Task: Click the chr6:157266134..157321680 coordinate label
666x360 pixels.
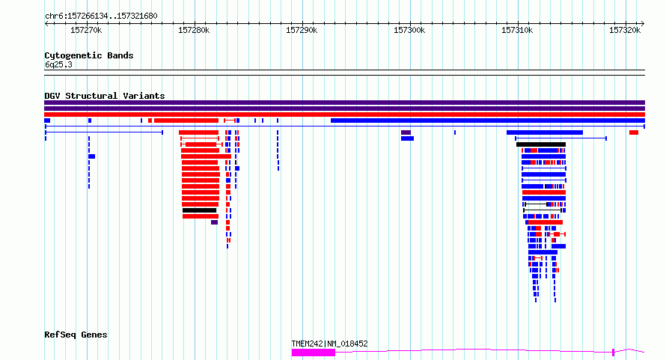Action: coord(101,16)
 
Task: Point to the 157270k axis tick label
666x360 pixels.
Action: coord(86,30)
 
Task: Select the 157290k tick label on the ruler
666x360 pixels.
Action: coord(302,30)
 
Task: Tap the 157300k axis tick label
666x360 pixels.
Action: coord(409,30)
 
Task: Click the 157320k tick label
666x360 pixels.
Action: coord(625,30)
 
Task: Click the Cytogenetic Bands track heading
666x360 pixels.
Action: coord(89,55)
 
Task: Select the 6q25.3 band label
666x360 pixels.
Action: coord(58,64)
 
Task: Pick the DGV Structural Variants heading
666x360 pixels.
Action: coord(105,96)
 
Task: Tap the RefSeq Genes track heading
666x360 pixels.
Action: coord(76,335)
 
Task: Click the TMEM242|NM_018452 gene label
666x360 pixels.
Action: coord(329,344)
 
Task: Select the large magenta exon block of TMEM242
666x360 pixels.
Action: coord(314,353)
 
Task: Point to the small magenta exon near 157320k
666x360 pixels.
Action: coord(614,352)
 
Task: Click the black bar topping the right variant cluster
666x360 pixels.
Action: coord(541,144)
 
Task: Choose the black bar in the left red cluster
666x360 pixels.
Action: coord(200,210)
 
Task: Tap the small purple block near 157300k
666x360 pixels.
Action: coord(406,132)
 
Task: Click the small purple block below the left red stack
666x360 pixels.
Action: coord(215,222)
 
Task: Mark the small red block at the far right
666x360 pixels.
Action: coord(634,132)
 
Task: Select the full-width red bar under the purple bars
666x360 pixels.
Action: coord(344,115)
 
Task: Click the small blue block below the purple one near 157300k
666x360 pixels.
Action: coord(407,138)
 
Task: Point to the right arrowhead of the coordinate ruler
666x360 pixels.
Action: coord(643,24)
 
